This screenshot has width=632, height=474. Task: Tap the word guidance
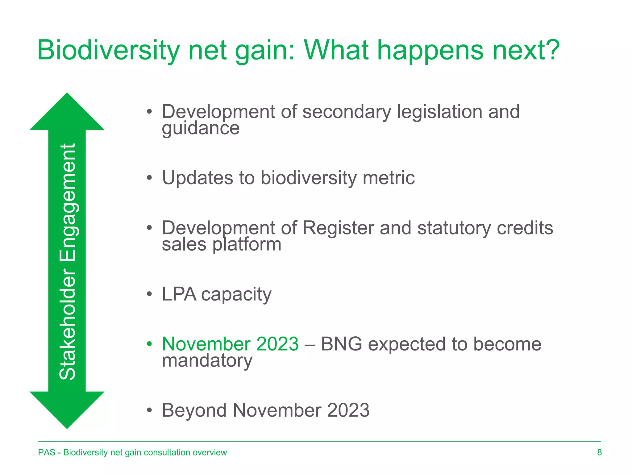pyautogui.click(x=201, y=128)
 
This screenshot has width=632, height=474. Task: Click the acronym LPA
pyautogui.click(x=179, y=294)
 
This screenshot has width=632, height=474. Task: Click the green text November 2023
pyautogui.click(x=230, y=344)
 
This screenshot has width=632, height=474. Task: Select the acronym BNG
pyautogui.click(x=341, y=344)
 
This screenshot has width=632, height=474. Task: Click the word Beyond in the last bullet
pyautogui.click(x=194, y=410)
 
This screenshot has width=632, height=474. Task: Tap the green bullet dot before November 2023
pyautogui.click(x=149, y=344)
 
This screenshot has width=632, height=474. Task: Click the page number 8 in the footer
pyautogui.click(x=599, y=452)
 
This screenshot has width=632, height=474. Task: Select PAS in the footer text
pyautogui.click(x=47, y=452)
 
